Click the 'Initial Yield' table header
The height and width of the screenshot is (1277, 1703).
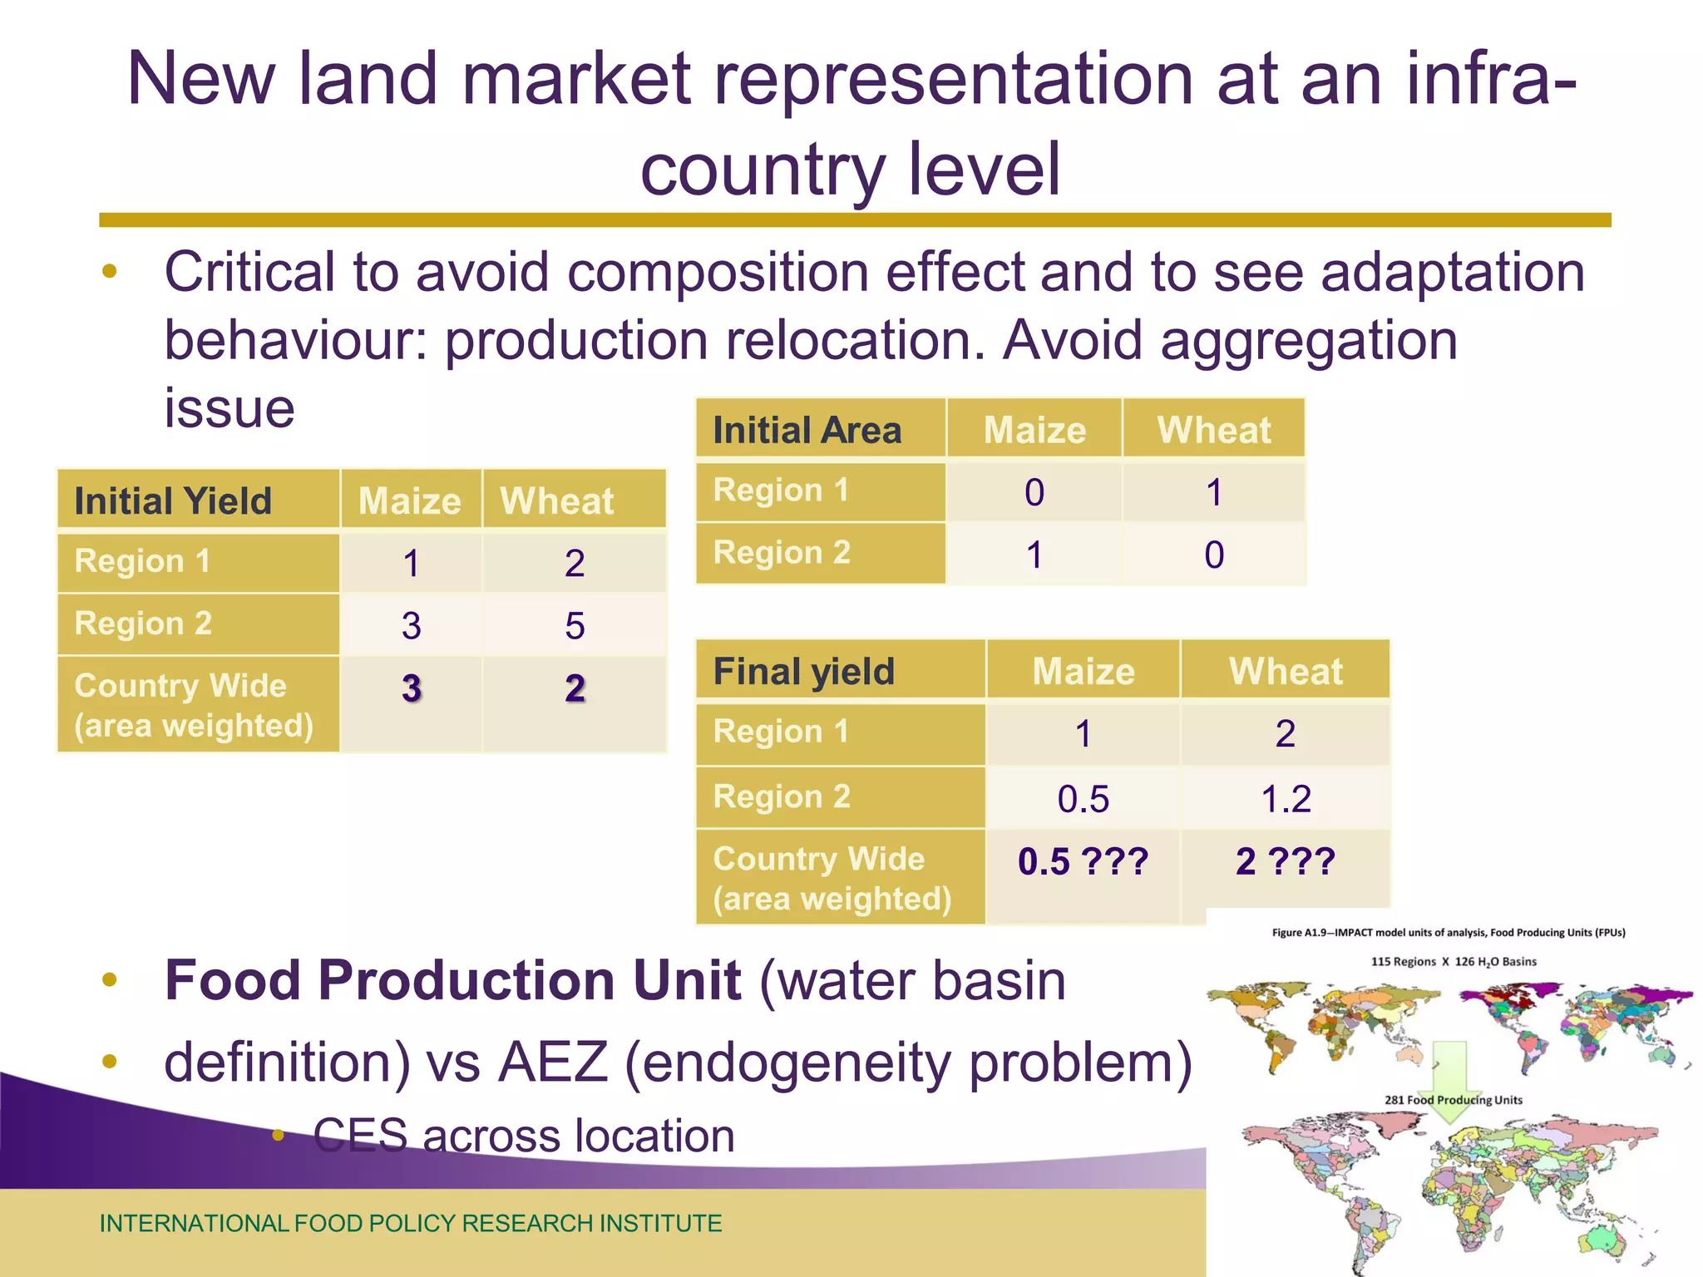pyautogui.click(x=173, y=500)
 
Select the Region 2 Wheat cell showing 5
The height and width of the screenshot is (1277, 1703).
pyautogui.click(x=575, y=625)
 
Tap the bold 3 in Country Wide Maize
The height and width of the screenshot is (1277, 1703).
pyautogui.click(x=411, y=688)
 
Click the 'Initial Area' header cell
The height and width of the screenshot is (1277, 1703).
pyautogui.click(x=807, y=430)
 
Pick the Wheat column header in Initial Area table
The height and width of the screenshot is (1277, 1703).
pyautogui.click(x=1213, y=430)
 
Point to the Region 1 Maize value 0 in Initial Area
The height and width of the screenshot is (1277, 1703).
pyautogui.click(x=1034, y=492)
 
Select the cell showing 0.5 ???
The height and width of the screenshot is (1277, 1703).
pyautogui.click(x=1082, y=861)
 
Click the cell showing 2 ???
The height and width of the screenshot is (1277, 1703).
pyautogui.click(x=1285, y=861)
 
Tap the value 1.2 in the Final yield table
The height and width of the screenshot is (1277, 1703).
pyautogui.click(x=1286, y=799)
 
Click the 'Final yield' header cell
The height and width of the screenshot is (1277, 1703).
pyautogui.click(x=803, y=671)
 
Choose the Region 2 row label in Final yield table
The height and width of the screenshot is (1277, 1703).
pyautogui.click(x=782, y=796)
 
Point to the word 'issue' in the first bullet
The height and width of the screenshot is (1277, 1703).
pyautogui.click(x=229, y=408)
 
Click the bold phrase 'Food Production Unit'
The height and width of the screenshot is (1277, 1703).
pyautogui.click(x=452, y=980)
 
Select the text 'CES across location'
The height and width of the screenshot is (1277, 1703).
pyautogui.click(x=524, y=1136)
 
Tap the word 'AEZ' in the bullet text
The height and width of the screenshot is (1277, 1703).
pyautogui.click(x=552, y=1063)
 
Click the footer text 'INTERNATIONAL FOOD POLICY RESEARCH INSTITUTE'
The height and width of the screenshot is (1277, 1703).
pyautogui.click(x=411, y=1223)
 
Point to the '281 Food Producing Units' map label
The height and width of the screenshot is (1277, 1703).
pyautogui.click(x=1453, y=1100)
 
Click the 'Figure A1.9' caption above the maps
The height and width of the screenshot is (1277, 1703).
pyautogui.click(x=1448, y=933)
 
